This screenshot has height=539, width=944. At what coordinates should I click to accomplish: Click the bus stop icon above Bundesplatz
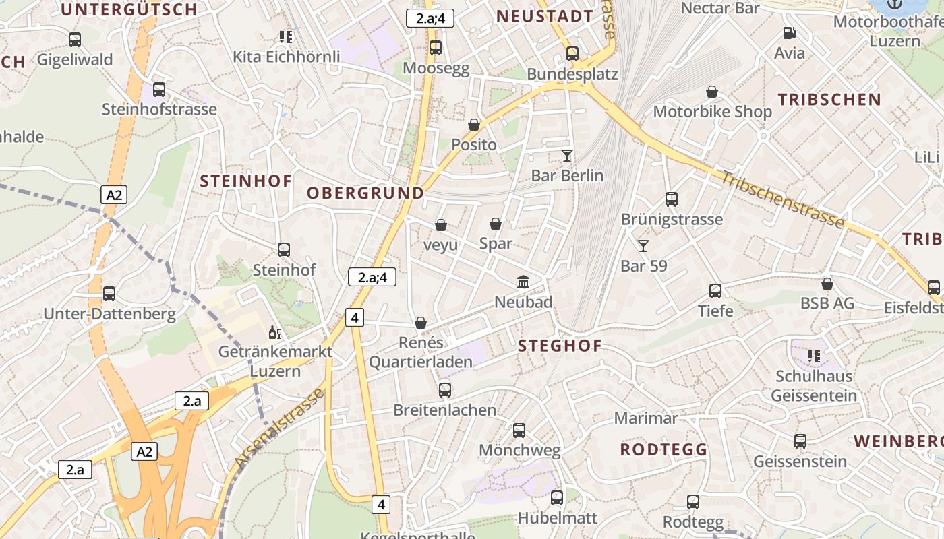click(x=572, y=53)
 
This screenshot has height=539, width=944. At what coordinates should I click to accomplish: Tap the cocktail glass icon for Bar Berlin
click(x=566, y=156)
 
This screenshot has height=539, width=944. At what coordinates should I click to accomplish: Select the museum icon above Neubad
click(x=523, y=282)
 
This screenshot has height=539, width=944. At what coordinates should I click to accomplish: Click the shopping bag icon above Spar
click(x=496, y=224)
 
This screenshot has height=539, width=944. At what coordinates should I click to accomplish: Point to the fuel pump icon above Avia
click(x=789, y=32)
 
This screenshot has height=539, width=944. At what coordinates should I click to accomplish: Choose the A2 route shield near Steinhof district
click(x=114, y=195)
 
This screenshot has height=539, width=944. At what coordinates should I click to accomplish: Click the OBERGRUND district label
click(x=365, y=193)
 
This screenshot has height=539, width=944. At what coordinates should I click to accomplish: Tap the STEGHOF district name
click(x=560, y=346)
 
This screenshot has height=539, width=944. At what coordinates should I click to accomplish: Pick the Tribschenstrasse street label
click(x=783, y=200)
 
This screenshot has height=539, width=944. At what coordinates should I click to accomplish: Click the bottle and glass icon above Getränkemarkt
click(x=275, y=332)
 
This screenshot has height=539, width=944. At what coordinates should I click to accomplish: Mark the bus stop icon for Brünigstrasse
click(x=671, y=199)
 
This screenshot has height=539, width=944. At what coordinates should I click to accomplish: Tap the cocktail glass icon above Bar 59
click(x=643, y=246)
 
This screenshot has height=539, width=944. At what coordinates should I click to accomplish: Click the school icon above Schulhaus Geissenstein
click(x=814, y=356)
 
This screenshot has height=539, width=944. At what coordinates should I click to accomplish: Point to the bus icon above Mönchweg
click(x=519, y=431)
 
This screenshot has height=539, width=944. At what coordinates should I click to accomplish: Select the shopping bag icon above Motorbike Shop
click(x=712, y=92)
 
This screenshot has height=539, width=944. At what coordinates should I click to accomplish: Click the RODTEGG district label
click(x=663, y=449)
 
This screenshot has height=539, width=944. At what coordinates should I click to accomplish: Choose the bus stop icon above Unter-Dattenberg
click(x=109, y=294)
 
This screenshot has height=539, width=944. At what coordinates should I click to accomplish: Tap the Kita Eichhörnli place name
click(x=286, y=57)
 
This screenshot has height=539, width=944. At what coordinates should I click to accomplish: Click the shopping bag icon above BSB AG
click(x=827, y=284)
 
